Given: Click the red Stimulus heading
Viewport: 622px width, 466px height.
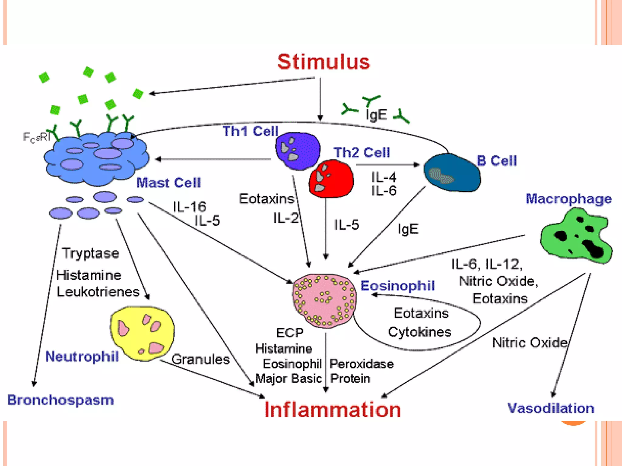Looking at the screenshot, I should [324, 62].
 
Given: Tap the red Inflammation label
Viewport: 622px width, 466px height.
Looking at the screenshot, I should [333, 410].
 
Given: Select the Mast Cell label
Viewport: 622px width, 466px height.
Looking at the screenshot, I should [169, 183].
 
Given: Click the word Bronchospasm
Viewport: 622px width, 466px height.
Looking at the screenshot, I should [60, 400].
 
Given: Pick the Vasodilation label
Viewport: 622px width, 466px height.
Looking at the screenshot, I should [551, 408].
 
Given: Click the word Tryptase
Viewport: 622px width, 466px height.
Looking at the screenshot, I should [91, 253].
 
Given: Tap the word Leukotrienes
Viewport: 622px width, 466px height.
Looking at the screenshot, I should [98, 292].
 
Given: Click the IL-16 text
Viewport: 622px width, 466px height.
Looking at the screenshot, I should [189, 207].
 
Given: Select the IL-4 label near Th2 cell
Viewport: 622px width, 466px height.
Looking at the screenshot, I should [384, 177].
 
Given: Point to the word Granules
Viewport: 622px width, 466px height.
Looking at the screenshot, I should [201, 359].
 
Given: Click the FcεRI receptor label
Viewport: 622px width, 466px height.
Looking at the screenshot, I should [36, 137].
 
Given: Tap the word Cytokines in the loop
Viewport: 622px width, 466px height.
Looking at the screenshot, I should [419, 332].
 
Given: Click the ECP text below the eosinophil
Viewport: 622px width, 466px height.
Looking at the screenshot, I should [289, 333].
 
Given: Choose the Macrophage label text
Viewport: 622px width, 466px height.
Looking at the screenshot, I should [568, 199].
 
